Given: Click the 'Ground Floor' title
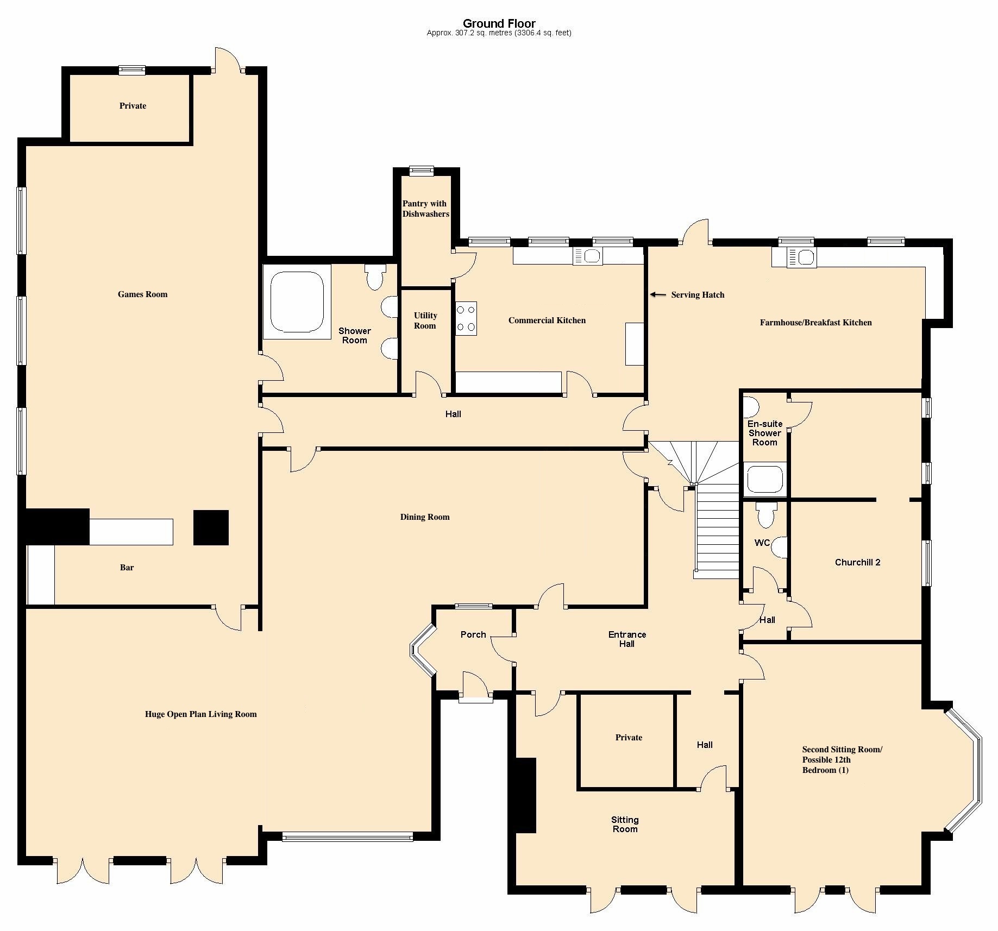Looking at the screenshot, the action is pos(499,23).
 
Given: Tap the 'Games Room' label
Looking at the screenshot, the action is pos(142,294).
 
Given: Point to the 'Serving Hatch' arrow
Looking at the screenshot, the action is pos(658,294).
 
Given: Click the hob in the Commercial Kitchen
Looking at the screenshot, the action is pos(466,318).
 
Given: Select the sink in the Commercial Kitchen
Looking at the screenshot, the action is pos(587,256).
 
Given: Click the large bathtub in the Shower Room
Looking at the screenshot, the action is pos(297,302).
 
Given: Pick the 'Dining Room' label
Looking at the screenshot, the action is pos(425,517).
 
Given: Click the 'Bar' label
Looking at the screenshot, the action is pos(127,568).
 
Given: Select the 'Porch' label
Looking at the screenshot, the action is pos(473,634).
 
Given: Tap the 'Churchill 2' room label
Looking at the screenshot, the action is pos(857,562).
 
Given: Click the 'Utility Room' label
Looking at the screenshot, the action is pos(425,320).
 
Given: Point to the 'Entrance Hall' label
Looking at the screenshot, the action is pos(627,639).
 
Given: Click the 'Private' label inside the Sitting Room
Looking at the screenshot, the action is pos(629,738).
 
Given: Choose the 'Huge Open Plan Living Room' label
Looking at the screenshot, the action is pos(200,714).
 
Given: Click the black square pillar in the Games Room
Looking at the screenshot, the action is pos(211,527).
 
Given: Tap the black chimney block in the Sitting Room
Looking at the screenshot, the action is pos(525,795).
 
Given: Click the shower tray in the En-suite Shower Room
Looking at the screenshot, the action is pos(765,479).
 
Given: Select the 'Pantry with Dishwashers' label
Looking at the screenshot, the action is pos(425,209).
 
